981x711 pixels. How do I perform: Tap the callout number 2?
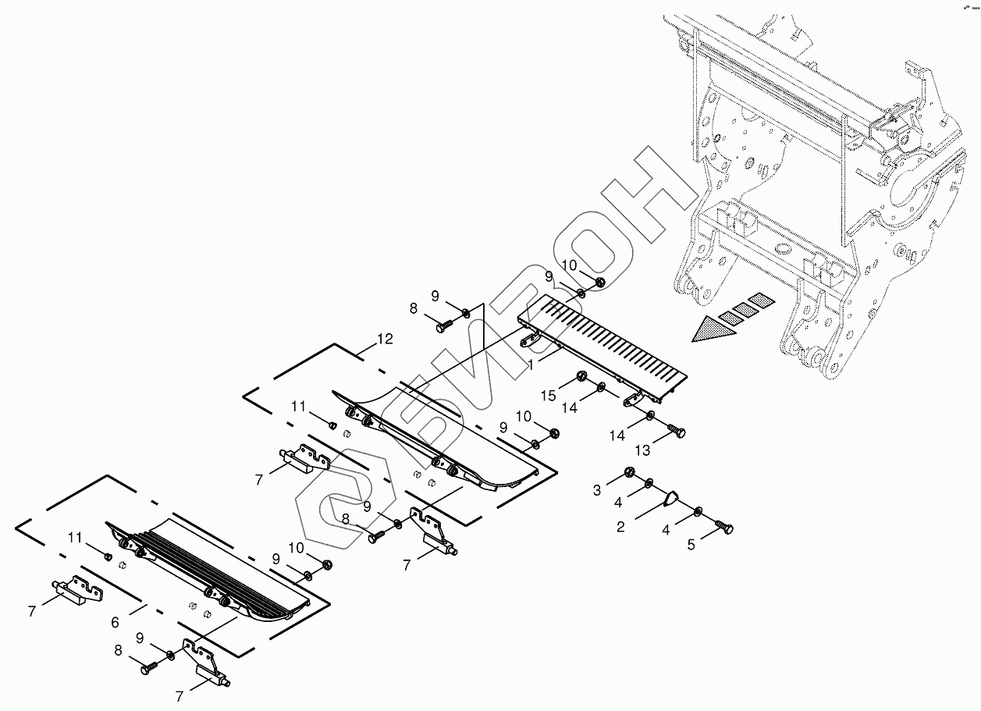(x=620, y=527)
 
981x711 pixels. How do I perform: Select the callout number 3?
(x=597, y=490)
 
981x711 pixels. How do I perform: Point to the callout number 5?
(x=691, y=544)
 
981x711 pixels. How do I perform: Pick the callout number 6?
(x=115, y=622)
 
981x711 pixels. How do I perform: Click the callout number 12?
(x=384, y=340)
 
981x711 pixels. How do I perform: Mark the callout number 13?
(x=642, y=450)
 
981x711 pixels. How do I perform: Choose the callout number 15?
(x=549, y=396)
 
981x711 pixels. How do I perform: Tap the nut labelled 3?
(x=628, y=473)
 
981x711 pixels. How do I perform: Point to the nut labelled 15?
(x=582, y=379)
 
